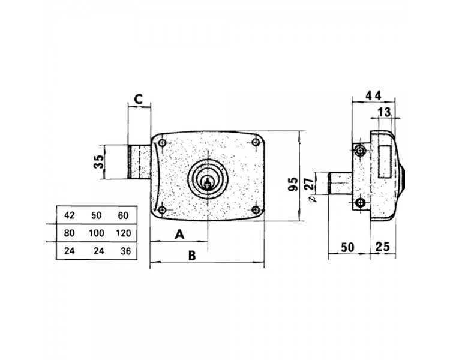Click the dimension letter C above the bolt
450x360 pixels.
click(139, 99)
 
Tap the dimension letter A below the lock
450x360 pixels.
click(179, 234)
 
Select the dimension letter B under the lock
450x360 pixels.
click(192, 255)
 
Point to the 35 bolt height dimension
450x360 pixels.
click(99, 161)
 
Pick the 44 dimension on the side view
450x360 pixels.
click(373, 95)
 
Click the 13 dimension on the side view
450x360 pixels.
click(384, 112)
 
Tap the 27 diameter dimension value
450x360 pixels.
click(309, 184)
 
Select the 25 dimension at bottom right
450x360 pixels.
click(383, 247)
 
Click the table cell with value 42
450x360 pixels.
click(69, 215)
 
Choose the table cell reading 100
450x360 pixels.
click(97, 233)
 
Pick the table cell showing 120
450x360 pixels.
click(124, 233)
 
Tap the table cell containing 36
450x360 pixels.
click(126, 251)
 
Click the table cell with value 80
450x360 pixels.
click(69, 233)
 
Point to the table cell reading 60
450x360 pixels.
click(123, 215)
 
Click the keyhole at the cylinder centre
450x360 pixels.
click(207, 182)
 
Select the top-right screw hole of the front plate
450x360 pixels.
click(256, 142)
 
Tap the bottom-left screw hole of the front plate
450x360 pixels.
click(162, 210)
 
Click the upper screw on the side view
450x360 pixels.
click(359, 150)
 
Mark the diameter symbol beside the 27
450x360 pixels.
click(314, 198)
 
